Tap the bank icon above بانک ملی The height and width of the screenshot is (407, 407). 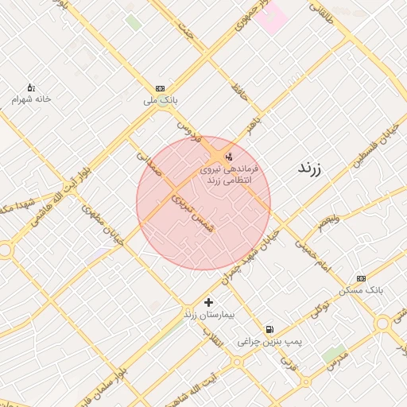[161, 88]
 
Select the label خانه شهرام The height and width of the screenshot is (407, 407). [31, 99]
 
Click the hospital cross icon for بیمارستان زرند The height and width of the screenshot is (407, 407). [209, 302]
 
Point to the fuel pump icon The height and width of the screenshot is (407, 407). [270, 329]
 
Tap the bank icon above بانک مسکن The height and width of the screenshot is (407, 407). [362, 278]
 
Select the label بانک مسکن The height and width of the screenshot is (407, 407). [361, 290]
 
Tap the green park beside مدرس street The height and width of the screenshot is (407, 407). [334, 353]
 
